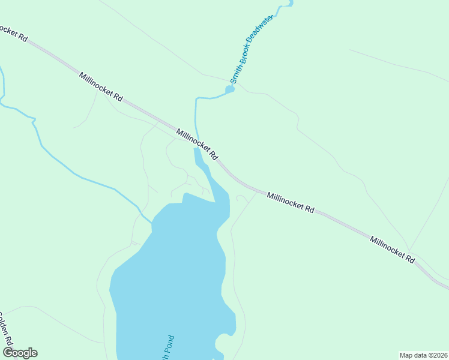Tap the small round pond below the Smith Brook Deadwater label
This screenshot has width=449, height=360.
(229, 90)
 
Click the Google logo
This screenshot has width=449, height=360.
(20, 353)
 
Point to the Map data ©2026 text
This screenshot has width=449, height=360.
(423, 355)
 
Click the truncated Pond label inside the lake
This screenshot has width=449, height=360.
(165, 347)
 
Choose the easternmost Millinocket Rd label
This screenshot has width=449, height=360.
(393, 250)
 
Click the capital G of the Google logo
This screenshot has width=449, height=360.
(7, 352)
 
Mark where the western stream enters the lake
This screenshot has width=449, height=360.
(152, 222)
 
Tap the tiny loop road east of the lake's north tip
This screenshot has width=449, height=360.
(241, 197)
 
